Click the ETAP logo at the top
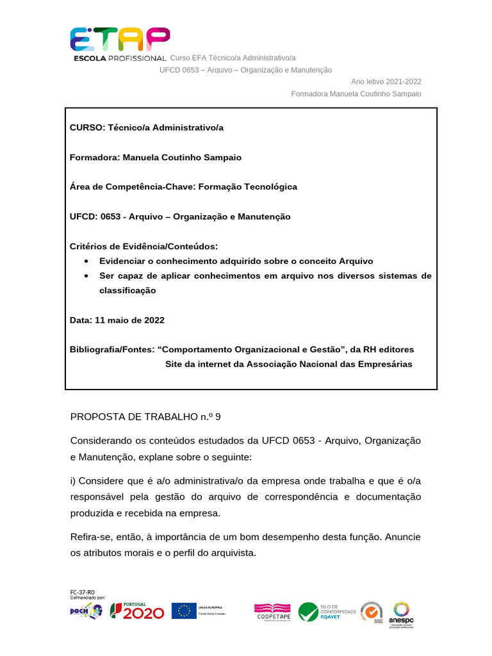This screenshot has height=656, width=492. point(119,42)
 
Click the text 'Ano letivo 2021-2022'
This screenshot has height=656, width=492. point(386,81)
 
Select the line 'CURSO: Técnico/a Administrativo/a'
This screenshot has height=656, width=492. point(147,127)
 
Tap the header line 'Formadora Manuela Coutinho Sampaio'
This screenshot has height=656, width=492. point(356,94)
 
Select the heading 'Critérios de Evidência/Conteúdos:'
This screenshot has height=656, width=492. point(143,246)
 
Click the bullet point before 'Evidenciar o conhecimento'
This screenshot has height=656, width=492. point(87,261)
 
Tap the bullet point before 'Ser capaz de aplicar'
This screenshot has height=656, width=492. point(87,276)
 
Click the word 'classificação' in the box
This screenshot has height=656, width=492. point(127,290)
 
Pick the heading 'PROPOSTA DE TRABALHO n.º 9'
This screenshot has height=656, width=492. point(145,417)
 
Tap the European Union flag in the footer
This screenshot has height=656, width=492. point(184,611)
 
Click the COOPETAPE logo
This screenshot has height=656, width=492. point(272,612)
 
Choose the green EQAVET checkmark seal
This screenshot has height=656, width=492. point(308,612)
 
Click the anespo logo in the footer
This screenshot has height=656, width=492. point(401,614)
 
